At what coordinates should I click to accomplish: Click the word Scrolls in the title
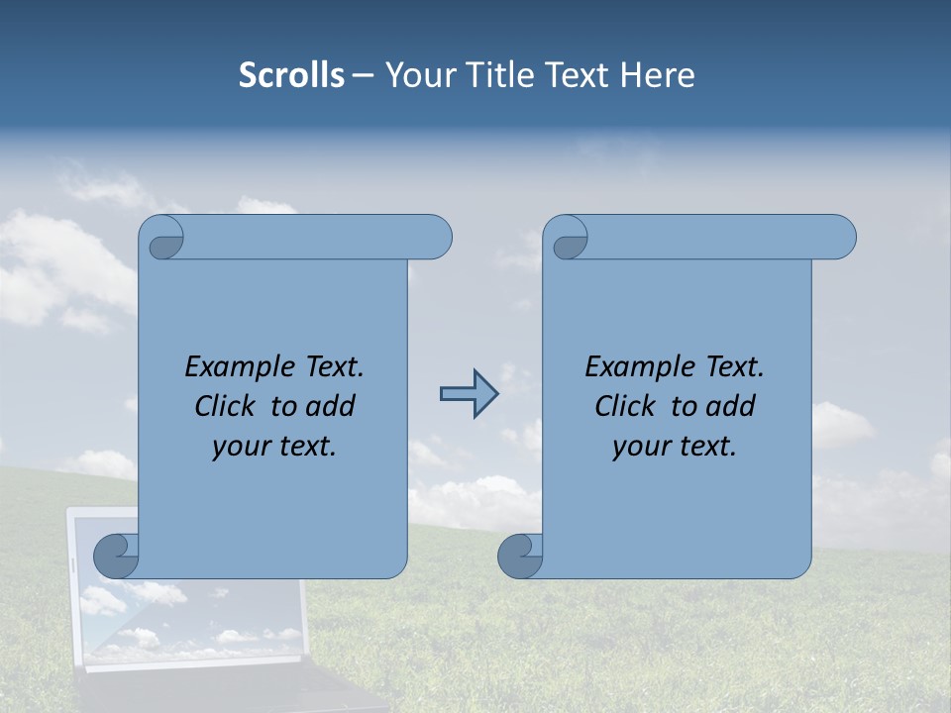point(291,75)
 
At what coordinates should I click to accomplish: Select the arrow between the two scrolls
point(469,394)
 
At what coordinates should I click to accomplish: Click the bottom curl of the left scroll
point(117,556)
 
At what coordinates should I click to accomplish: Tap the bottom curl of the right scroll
point(521,556)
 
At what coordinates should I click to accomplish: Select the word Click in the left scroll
point(227,406)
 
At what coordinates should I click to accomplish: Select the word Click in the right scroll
point(627,406)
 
